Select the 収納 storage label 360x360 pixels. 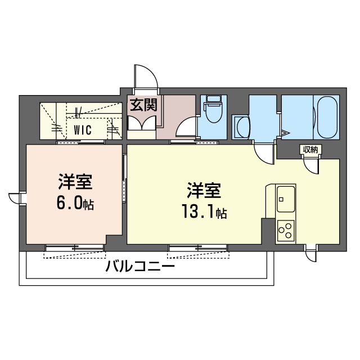[x=310, y=150]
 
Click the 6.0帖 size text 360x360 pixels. [x=75, y=203]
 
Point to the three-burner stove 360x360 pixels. [x=285, y=230]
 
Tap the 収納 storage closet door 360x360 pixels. [x=310, y=165]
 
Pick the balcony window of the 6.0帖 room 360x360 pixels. [x=74, y=247]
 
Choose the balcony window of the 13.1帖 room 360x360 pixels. [x=198, y=247]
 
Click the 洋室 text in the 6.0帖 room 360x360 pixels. [x=74, y=183]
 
